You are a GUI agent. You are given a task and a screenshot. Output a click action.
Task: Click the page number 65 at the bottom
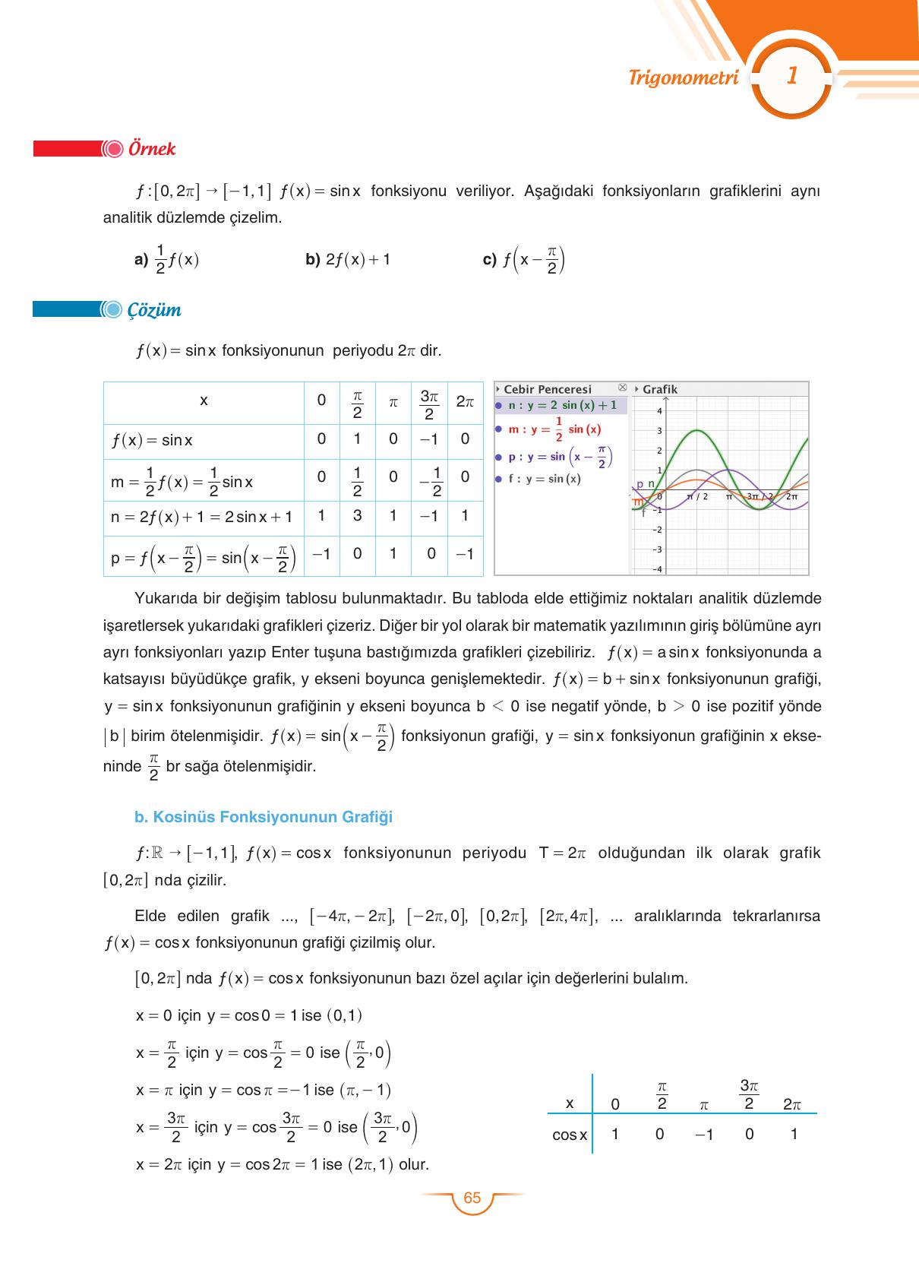coord(472,1198)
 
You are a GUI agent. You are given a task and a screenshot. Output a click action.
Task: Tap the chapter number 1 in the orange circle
coord(791,76)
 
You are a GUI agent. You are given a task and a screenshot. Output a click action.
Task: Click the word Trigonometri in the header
coord(684,78)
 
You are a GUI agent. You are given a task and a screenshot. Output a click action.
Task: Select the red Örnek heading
coord(152,148)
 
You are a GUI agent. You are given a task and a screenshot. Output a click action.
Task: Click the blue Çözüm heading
coord(154,310)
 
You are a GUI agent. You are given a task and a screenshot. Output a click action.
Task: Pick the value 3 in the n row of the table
coord(357,515)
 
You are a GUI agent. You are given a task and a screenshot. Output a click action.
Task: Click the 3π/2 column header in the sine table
coord(429,404)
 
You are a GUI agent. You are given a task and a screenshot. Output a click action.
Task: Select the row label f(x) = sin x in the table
coord(152,440)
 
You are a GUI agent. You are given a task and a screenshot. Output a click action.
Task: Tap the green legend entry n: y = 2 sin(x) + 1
coord(562,405)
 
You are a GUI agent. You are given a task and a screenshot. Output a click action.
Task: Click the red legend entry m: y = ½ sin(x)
coord(554,429)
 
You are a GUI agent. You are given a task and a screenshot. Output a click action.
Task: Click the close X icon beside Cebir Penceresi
coord(623,388)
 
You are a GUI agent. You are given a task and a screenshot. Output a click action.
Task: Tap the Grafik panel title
coord(659,389)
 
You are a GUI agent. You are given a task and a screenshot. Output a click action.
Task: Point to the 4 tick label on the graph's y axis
coord(659,411)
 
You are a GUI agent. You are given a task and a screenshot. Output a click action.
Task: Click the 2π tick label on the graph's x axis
coord(791,496)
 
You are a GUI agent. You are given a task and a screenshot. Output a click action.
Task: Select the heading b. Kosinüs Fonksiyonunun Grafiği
coord(264,817)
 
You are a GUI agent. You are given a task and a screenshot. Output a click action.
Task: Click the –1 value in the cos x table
coord(704,1135)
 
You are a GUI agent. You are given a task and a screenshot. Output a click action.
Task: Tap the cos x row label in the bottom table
coord(570,1135)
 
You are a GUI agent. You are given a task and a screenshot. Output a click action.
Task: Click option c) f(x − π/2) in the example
coord(524,261)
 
